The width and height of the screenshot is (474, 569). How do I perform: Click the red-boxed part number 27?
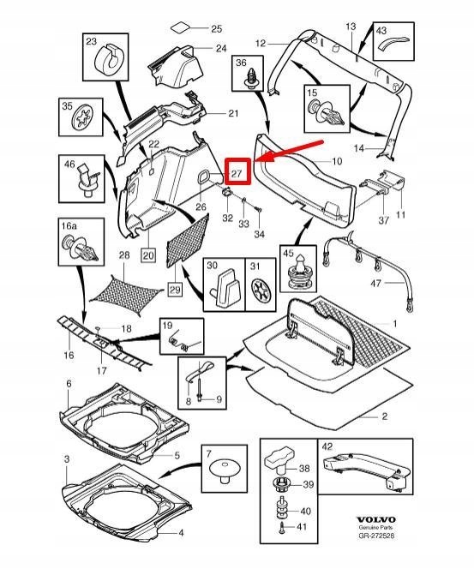pos(237,173)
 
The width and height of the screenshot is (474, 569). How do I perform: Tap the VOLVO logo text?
pos(375,520)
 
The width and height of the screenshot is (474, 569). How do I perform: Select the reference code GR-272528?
pos(376,536)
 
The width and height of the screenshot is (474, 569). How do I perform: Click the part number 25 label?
pos(216,29)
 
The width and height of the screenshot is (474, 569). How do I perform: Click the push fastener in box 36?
pos(250,79)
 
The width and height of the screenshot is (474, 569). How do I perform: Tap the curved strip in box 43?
pos(393,43)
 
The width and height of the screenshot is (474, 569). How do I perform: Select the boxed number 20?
pos(148,255)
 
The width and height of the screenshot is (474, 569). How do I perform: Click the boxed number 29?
pos(175,290)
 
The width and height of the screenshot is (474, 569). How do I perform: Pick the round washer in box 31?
pos(261,290)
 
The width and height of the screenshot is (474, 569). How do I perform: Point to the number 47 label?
pos(375,283)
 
